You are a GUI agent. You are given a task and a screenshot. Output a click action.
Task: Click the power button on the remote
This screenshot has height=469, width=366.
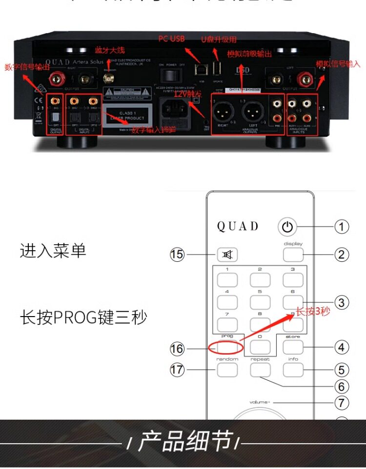tap(287, 227)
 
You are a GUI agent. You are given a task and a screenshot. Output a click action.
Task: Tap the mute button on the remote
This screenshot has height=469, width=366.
tap(227, 254)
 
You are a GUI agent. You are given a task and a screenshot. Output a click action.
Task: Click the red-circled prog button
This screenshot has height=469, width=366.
tap(227, 347)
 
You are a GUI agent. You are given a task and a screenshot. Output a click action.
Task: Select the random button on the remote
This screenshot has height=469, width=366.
tap(227, 370)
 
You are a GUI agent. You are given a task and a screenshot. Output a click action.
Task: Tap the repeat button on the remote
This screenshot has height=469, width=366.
tap(260, 370)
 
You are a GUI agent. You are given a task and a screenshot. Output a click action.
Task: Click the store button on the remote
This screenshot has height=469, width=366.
tap(293, 347)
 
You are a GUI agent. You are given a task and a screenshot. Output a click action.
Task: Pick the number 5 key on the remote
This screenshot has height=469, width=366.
tap(260, 302)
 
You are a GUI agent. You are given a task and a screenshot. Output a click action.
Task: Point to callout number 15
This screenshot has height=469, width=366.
tap(177, 255)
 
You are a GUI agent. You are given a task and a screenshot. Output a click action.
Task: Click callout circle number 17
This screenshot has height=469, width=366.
tap(177, 370)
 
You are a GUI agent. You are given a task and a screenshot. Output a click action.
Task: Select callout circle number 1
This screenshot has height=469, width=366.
tap(342, 227)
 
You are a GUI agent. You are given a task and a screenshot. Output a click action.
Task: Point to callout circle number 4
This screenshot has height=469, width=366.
tap(342, 347)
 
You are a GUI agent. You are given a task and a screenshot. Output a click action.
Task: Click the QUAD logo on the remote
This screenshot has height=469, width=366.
tap(238, 227)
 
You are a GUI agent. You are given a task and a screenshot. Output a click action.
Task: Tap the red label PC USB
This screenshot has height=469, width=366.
tap(171, 39)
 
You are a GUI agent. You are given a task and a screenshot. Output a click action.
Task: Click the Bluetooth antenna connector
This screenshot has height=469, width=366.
tap(108, 77)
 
